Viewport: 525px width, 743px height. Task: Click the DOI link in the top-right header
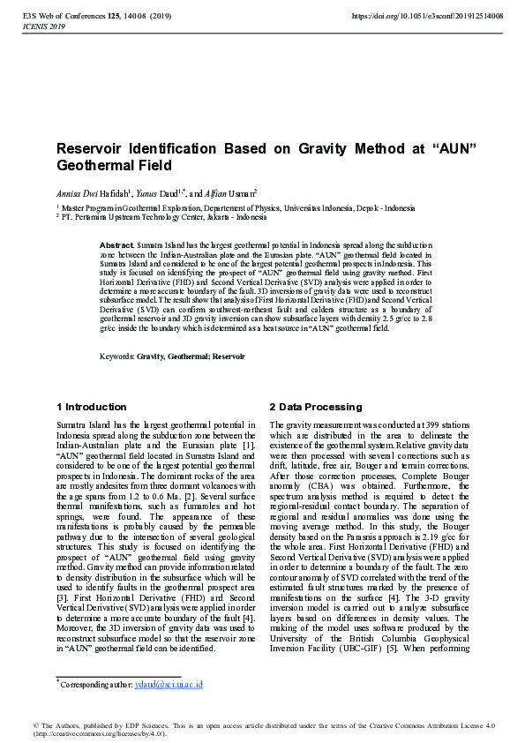coord(427,16)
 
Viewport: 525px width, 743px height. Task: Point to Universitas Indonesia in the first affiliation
coord(310,208)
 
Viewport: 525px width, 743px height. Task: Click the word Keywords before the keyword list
coord(116,356)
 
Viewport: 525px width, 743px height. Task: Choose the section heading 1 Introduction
coord(92,407)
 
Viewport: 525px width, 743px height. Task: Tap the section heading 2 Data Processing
coord(314,407)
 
